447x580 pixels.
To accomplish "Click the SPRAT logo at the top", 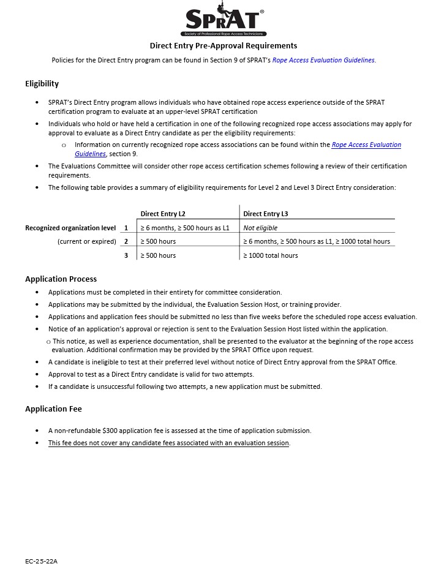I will [223, 21].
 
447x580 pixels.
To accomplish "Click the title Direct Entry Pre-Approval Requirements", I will [223, 45].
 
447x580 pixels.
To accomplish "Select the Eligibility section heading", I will [42, 84].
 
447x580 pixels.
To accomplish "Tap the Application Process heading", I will [61, 279].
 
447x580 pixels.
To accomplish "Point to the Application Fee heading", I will [53, 409].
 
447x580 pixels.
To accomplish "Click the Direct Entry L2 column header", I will [163, 214].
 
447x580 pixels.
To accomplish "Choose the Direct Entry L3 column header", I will [265, 214].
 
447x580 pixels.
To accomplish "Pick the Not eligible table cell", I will [260, 228].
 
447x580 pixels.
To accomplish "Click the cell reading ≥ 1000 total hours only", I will [270, 255].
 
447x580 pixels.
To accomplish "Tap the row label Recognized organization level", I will [70, 228].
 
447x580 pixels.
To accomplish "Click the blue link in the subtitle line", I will [323, 60].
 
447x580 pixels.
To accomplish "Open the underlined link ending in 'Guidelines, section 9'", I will [366, 145].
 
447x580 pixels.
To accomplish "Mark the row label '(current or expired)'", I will [86, 241].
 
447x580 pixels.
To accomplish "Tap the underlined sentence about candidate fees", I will [168, 443].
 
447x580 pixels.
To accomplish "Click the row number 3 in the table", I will [126, 255].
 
